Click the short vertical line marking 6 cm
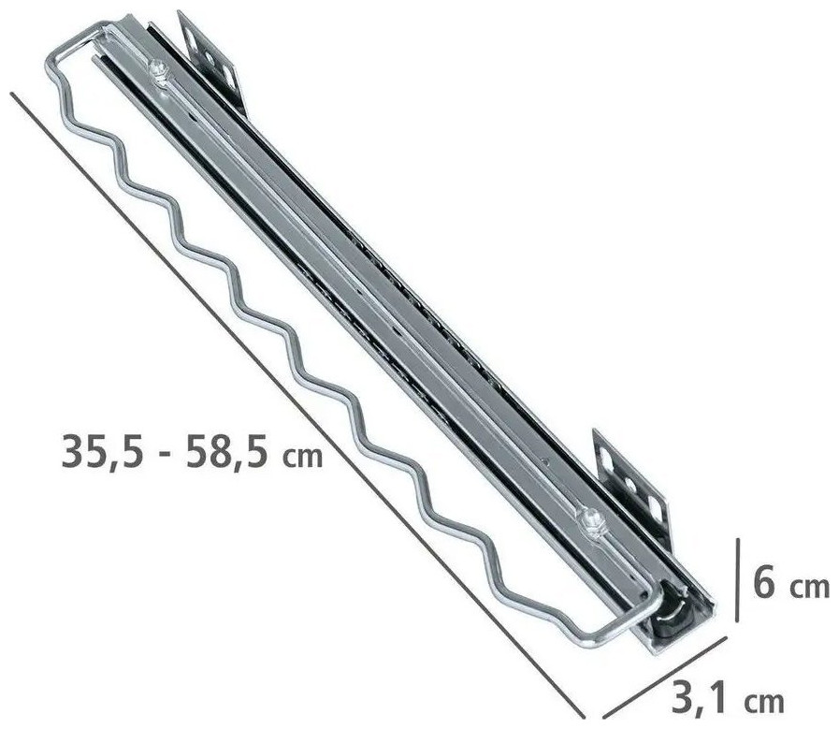(x=738, y=580)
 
